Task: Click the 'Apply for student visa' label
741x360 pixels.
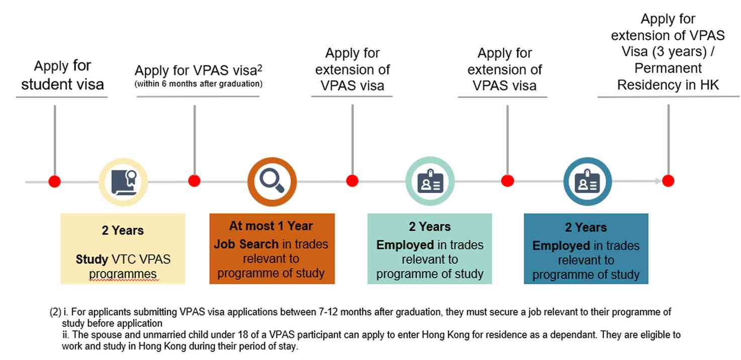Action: point(62,75)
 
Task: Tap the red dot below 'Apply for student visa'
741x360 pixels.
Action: point(54,182)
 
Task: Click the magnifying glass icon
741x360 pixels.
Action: point(272,182)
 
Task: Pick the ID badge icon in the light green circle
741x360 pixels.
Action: point(430,182)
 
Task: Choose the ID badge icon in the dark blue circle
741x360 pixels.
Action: point(587,182)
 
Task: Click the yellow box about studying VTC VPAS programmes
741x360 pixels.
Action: point(123,249)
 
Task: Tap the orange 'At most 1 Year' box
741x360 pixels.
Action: point(272,249)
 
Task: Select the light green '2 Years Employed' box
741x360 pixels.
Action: point(430,249)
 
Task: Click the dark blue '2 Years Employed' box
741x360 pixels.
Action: point(586,249)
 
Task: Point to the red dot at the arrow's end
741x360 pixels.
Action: point(668,181)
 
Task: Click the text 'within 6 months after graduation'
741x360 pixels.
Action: point(198,84)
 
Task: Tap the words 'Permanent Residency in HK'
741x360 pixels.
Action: point(668,76)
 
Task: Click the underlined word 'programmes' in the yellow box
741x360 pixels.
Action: point(123,275)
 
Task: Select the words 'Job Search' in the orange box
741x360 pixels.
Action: point(246,244)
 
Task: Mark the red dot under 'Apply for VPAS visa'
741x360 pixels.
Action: point(194,181)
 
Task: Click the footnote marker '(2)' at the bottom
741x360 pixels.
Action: point(55,312)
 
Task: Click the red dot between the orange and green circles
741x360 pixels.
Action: point(352,181)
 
